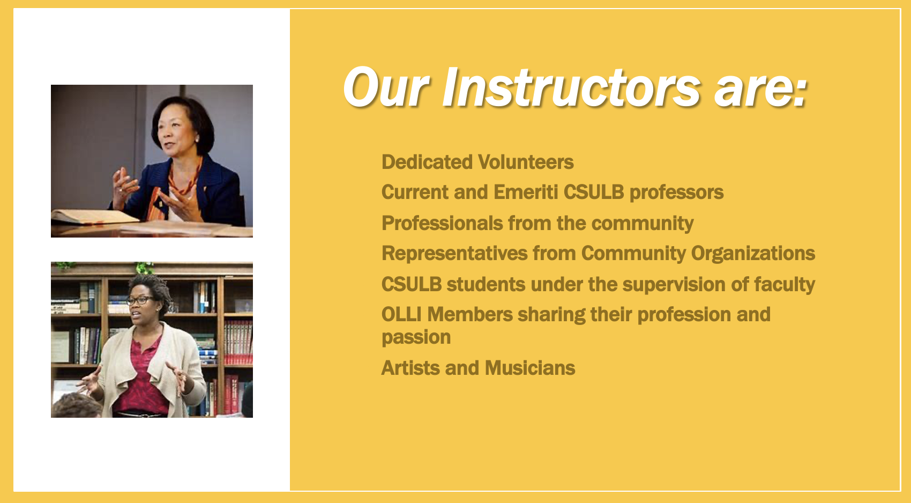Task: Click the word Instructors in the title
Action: [571, 87]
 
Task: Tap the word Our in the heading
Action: [386, 87]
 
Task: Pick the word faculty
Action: [785, 284]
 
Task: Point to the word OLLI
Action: [401, 314]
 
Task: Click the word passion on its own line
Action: [416, 337]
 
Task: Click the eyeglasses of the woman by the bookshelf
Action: [140, 300]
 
